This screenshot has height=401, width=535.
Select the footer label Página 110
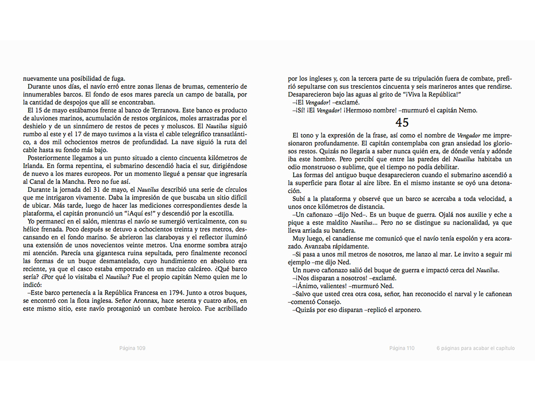[x=402, y=348]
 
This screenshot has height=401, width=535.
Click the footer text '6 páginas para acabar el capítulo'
[x=475, y=348]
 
